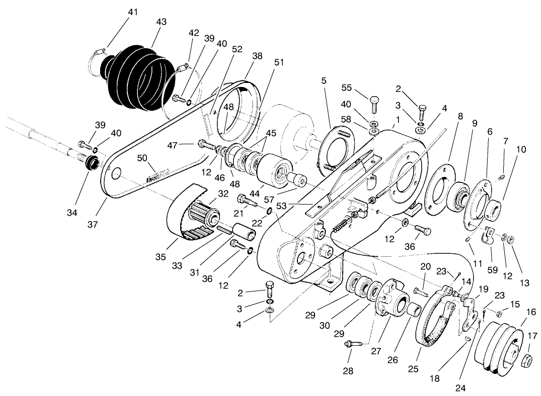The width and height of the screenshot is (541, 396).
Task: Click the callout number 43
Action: coord(162,22)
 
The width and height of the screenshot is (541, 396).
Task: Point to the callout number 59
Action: coord(493,270)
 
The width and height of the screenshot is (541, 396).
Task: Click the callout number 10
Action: coord(521,149)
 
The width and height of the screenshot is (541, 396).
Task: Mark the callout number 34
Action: coord(72,213)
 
